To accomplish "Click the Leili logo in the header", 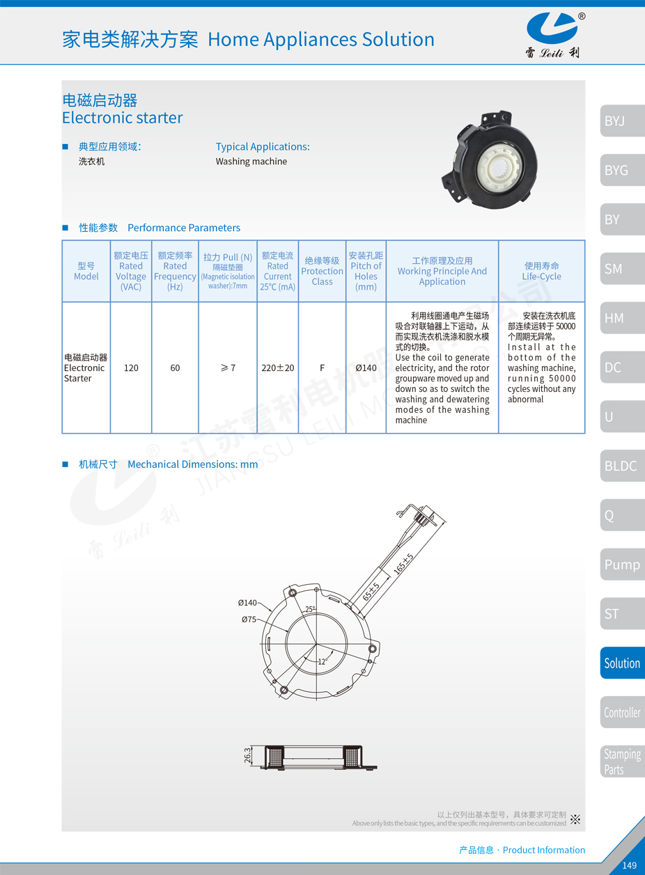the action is point(555,35).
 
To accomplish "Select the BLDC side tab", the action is point(622,466).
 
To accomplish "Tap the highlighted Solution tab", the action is point(622,663).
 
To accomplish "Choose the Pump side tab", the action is point(622,564).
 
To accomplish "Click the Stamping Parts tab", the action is point(622,762).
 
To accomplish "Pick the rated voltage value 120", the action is point(131,368).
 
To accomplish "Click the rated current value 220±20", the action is point(277,368).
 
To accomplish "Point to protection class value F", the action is point(322,368).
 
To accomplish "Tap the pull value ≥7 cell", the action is point(228,368).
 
